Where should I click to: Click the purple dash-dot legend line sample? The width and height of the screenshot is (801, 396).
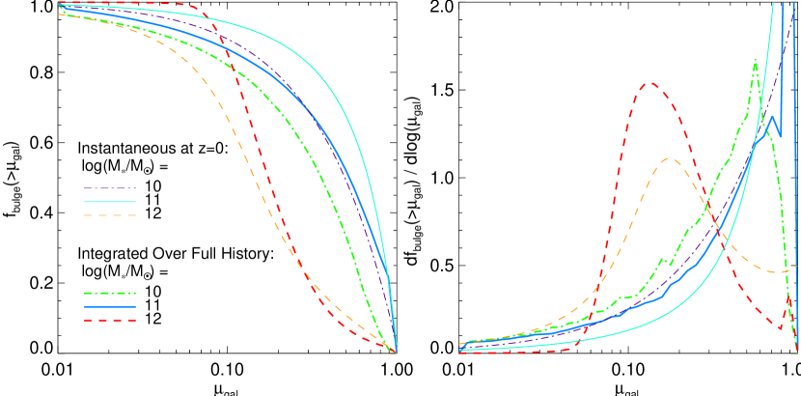[x=109, y=188]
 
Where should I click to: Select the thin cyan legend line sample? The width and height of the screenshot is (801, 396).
[x=109, y=202]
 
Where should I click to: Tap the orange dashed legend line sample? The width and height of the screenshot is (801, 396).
[x=109, y=215]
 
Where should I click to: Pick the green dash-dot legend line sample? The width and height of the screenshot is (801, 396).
[x=109, y=293]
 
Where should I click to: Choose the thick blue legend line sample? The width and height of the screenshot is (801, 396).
[x=109, y=306]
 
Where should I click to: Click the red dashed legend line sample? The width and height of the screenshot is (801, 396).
[x=109, y=320]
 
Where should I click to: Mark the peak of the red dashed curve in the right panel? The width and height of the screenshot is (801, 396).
[x=649, y=82]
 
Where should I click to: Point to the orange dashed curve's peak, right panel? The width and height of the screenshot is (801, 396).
[x=670, y=158]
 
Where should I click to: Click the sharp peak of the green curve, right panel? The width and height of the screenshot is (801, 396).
[x=755, y=60]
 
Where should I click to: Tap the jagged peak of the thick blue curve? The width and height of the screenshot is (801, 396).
[x=772, y=118]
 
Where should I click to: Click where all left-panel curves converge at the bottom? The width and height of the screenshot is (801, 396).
[x=396, y=352]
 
